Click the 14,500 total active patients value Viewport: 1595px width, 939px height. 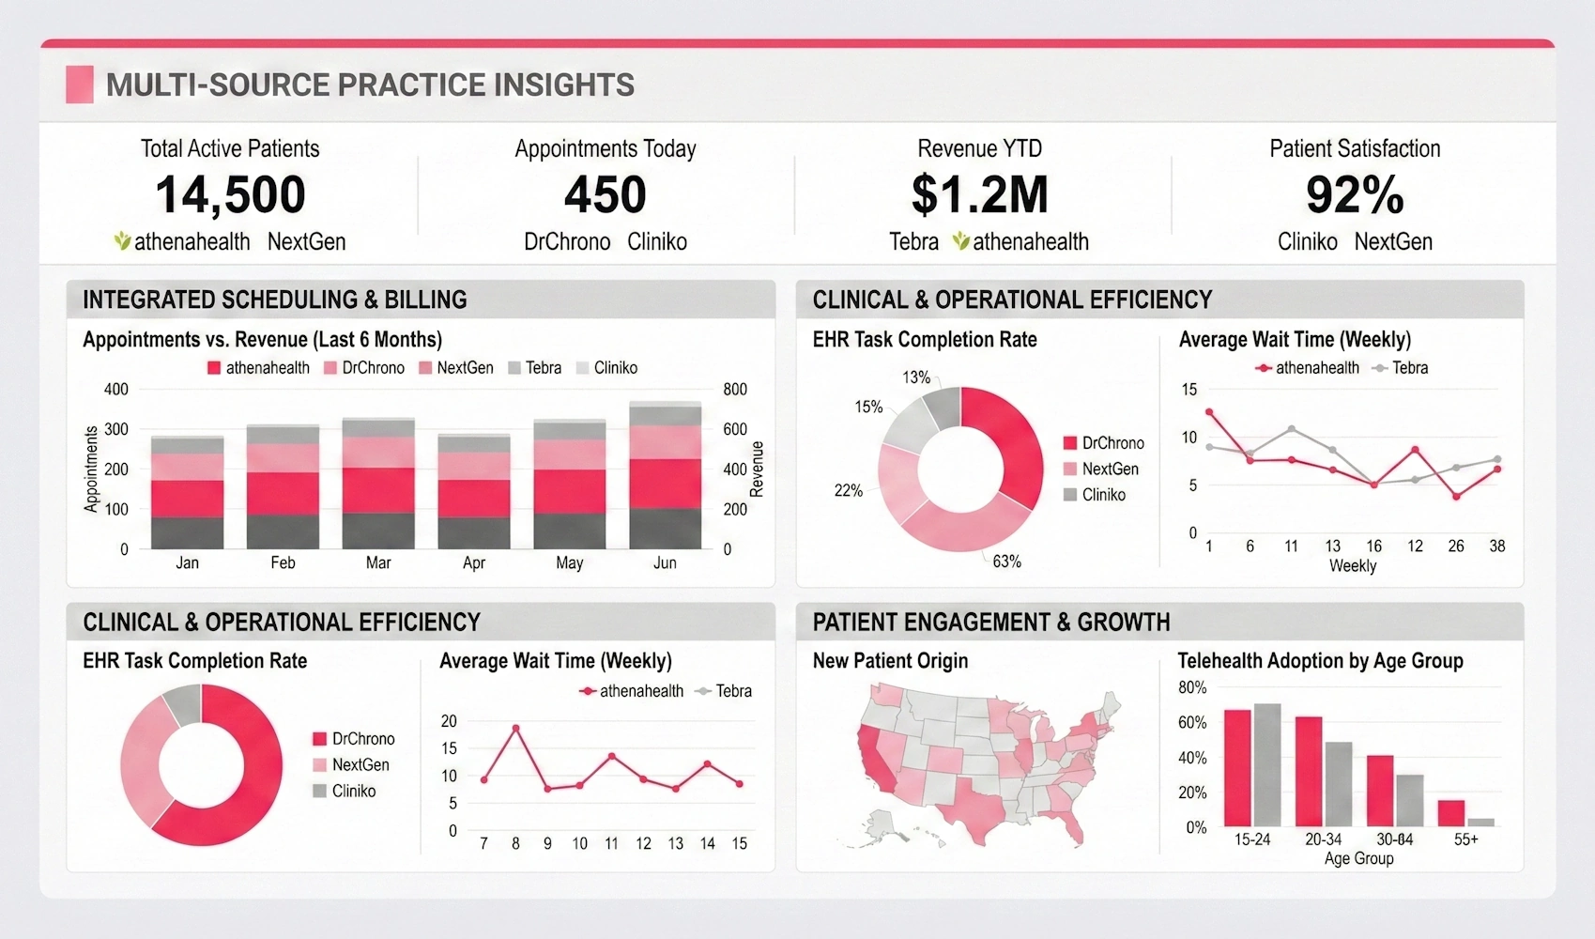pos(230,194)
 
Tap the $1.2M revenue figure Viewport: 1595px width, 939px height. pos(979,194)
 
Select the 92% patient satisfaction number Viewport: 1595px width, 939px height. pos(1354,195)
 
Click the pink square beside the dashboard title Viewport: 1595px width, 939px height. pos(80,85)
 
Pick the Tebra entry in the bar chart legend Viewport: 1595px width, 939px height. pos(534,368)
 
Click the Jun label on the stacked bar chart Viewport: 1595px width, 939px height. pos(665,562)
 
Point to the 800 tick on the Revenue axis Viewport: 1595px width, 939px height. pos(735,389)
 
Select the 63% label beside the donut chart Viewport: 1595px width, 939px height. pos(1006,562)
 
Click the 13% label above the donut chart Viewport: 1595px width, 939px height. pos(916,377)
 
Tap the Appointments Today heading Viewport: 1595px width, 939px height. pos(606,148)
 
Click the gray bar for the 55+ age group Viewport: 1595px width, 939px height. pos(1480,822)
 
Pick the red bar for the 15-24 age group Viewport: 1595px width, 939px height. pos(1237,767)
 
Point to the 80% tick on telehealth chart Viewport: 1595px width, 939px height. pos(1192,687)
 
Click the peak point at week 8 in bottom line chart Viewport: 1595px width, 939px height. pos(515,728)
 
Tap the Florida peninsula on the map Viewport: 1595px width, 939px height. pos(1072,825)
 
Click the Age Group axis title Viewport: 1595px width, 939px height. pos(1358,858)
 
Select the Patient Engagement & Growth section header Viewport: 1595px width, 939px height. pos(991,622)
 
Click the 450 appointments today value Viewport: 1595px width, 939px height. pos(606,194)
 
